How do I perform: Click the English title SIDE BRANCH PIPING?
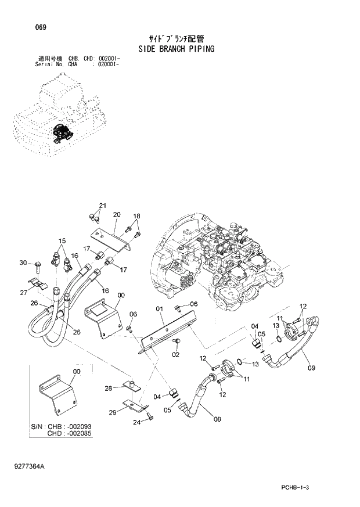[x=177, y=49]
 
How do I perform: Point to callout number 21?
[x=103, y=206]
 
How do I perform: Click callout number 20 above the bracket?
[x=116, y=215]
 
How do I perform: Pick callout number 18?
[x=137, y=217]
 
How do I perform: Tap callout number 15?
[x=62, y=240]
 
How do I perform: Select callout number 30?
[x=23, y=263]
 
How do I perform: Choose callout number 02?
[x=175, y=354]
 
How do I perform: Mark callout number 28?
[x=108, y=388]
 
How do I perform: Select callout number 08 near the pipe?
[x=217, y=418]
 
